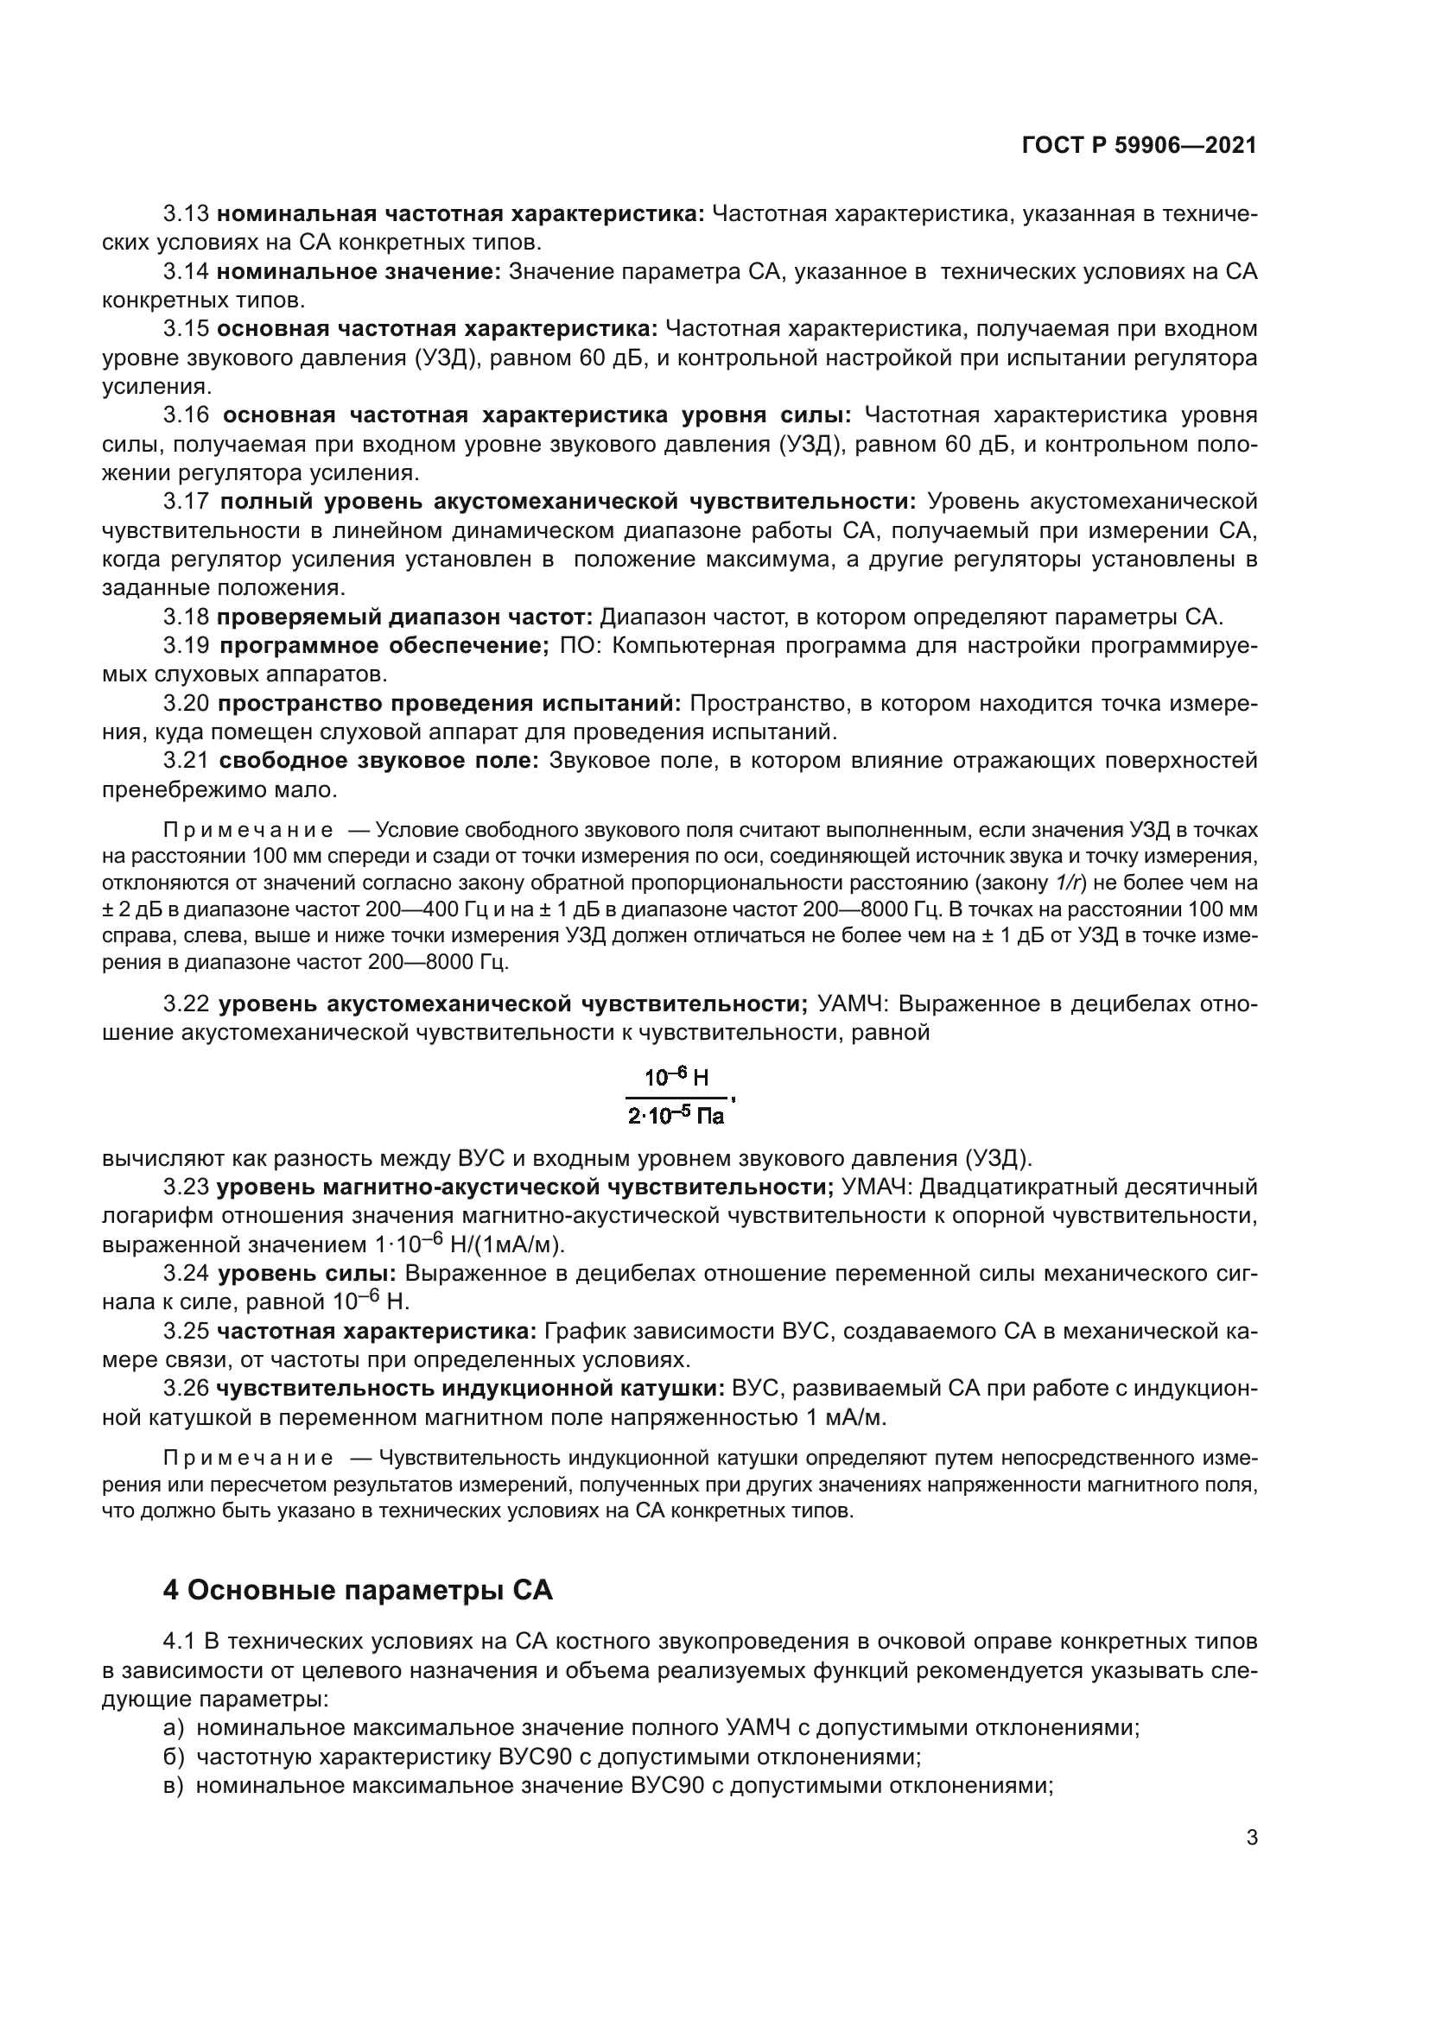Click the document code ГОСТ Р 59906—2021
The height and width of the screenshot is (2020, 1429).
[x=1139, y=145]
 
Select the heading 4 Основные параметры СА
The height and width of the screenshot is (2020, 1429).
[x=358, y=1591]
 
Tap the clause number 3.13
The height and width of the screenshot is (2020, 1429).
[x=186, y=214]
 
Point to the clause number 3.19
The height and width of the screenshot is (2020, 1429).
[x=186, y=646]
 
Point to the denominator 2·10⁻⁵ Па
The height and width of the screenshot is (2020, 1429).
[x=676, y=1117]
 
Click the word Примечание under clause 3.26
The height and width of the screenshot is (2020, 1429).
[x=248, y=1458]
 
